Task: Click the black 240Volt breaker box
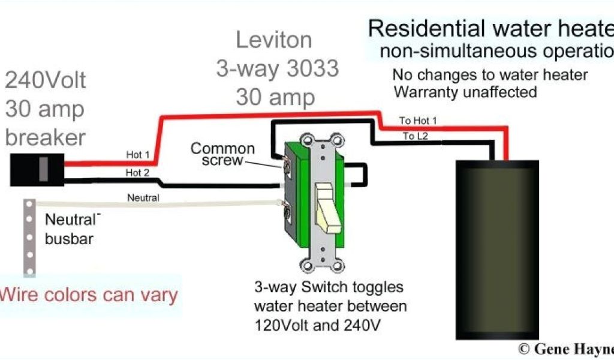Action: [38, 170]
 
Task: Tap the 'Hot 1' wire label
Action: [138, 154]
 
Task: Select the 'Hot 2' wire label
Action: [138, 173]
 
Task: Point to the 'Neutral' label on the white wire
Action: [143, 197]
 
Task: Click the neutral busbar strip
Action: [28, 237]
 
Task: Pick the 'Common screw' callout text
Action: [222, 154]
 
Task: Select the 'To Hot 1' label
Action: [418, 121]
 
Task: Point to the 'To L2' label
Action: [415, 136]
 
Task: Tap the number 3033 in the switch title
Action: [311, 68]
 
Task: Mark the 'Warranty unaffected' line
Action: [464, 92]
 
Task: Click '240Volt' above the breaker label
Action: [46, 80]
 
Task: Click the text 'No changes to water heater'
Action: [490, 76]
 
